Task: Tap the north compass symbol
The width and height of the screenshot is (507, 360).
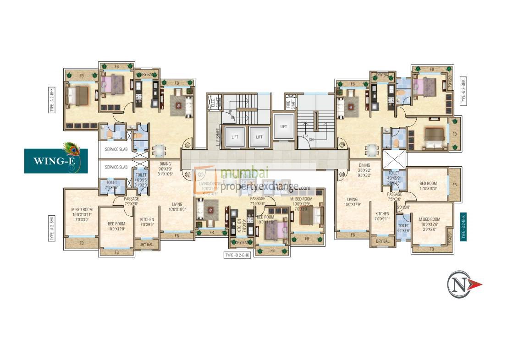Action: tap(463, 284)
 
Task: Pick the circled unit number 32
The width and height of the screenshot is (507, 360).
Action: tap(187, 174)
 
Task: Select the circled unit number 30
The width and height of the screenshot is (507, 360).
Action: tap(341, 174)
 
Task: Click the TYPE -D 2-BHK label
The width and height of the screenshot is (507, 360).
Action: tap(237, 256)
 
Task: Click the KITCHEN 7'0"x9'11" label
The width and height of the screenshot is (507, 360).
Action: tap(382, 216)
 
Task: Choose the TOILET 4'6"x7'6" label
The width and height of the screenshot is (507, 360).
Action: tap(403, 228)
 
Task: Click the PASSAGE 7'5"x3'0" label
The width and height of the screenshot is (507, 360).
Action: tap(394, 197)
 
